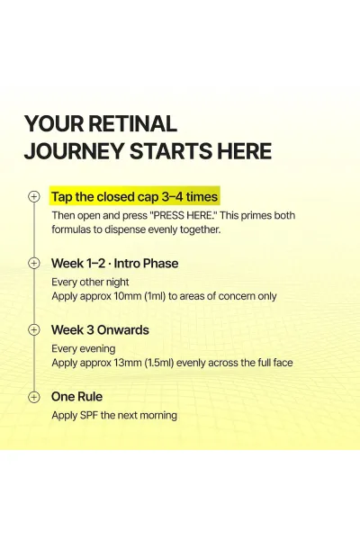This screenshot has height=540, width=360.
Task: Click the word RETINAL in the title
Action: pos(132,123)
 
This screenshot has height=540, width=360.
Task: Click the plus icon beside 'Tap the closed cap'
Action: pos(34,196)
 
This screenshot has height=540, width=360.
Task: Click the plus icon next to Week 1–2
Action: pos(34,263)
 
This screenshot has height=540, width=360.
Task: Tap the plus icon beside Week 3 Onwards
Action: pos(34,329)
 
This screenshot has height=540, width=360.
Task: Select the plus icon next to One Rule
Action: pos(34,396)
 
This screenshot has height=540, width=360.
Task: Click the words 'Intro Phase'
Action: pos(146,264)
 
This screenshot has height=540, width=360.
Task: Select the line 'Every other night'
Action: pos(90,282)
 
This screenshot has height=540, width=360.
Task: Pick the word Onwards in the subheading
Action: pos(123,330)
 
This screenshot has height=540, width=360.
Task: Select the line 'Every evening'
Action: pos(84,349)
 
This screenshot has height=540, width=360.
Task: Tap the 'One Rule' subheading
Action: pos(76,396)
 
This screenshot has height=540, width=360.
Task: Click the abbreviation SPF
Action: pos(89,415)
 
